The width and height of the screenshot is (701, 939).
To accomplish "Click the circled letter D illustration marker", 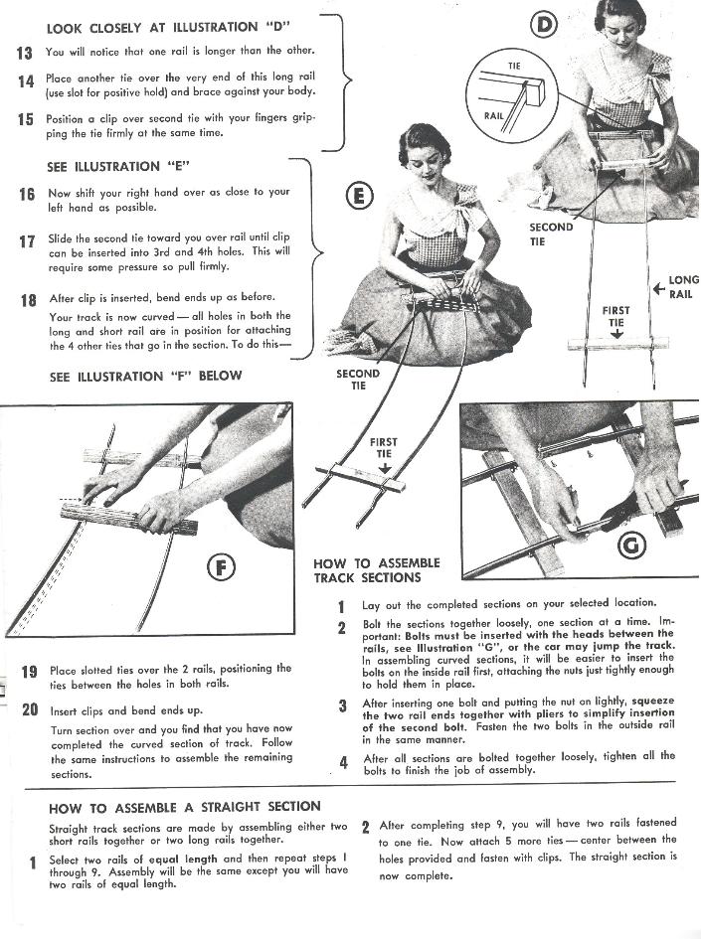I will tap(544, 23).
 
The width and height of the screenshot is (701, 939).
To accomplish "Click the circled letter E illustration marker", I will tap(359, 196).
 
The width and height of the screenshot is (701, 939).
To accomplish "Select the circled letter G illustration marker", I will tap(632, 544).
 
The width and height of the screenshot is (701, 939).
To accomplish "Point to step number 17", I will tap(27, 240).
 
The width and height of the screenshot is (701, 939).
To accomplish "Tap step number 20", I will tap(29, 709).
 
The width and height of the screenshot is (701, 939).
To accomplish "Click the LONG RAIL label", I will tap(683, 287).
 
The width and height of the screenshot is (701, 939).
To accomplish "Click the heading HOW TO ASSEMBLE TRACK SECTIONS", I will tap(376, 570).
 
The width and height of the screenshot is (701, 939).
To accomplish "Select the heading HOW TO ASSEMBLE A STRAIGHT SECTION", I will tap(185, 806).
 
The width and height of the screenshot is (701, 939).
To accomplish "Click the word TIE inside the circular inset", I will tap(514, 67).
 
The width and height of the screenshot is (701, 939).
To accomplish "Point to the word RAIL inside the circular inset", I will tap(494, 115).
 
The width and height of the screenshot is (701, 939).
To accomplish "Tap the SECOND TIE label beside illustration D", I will tap(550, 234).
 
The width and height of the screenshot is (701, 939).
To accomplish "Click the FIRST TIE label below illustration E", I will tap(383, 448).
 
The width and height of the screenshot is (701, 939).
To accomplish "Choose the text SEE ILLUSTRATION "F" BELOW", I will tap(145, 377).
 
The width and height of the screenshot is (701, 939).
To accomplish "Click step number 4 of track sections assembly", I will tap(341, 762).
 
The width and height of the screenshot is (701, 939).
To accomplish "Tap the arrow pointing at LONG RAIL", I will tap(657, 289).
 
